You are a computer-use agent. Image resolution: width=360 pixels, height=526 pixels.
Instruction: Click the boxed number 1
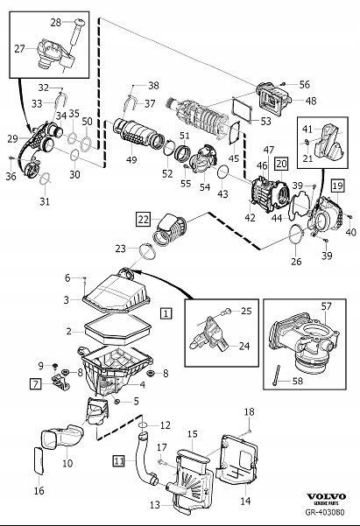coord(166,311)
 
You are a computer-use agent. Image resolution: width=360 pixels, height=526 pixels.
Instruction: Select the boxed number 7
coord(36,383)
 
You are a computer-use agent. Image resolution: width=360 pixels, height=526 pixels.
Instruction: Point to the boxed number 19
coord(337,186)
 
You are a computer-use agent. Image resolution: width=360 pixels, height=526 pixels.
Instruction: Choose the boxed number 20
coord(281,163)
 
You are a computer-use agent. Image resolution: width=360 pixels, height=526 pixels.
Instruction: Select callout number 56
coord(305,86)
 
